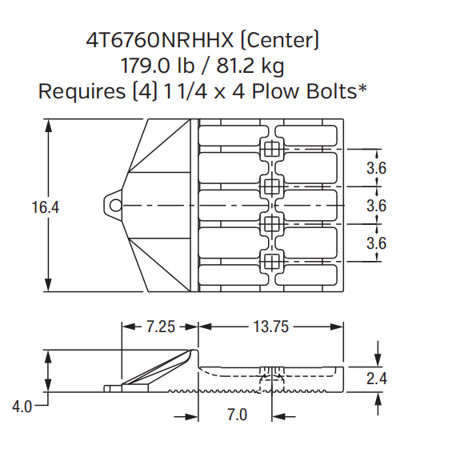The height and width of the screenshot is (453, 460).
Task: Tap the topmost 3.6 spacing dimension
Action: (x=376, y=168)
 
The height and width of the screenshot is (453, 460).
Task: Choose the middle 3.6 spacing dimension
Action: (x=376, y=206)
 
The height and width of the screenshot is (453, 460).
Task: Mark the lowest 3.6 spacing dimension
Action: (x=376, y=243)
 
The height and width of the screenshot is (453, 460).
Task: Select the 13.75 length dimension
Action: (x=270, y=327)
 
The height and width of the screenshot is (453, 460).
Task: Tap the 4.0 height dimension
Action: (x=22, y=406)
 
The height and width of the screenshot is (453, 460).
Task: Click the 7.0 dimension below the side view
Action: (x=237, y=415)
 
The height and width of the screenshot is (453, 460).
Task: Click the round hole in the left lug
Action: (x=116, y=206)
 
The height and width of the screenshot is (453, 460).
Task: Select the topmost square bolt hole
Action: (x=271, y=150)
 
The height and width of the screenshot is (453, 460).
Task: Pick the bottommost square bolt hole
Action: (x=271, y=261)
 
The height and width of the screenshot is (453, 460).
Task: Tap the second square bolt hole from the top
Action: (x=271, y=186)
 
